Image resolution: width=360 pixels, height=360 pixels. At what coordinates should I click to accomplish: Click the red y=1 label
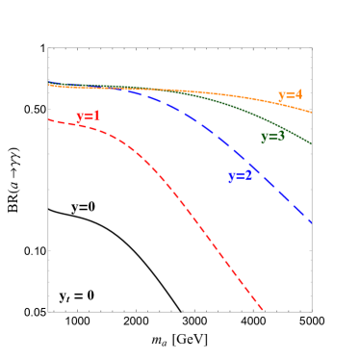point(89,116)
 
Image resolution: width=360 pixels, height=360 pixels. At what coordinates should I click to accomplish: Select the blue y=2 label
point(240,176)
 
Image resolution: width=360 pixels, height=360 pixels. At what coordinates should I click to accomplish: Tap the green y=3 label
point(272,137)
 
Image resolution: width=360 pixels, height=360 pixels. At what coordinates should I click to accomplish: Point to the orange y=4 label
point(290,95)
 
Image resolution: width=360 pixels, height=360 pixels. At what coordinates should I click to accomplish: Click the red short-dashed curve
point(173,192)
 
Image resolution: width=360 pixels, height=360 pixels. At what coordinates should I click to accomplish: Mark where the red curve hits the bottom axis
point(263,311)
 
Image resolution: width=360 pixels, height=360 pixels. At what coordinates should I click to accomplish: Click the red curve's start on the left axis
point(49,119)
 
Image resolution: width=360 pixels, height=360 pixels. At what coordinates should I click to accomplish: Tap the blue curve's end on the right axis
point(311,222)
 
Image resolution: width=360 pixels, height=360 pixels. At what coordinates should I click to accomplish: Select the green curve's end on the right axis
point(311,144)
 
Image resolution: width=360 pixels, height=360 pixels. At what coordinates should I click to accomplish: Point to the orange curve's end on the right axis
point(311,112)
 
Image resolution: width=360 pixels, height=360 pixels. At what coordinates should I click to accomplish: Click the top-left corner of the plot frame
point(48,47)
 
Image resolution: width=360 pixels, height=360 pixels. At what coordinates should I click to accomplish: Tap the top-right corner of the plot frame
point(312,47)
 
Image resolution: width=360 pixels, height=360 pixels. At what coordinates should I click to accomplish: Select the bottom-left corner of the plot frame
point(48,311)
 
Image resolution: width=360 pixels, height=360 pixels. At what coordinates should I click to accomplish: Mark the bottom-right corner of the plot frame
point(312,311)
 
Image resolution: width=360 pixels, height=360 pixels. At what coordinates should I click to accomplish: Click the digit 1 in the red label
point(97,116)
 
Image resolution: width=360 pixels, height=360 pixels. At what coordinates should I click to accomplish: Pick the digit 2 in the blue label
point(248,176)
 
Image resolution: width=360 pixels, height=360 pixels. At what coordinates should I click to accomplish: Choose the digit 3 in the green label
point(281,137)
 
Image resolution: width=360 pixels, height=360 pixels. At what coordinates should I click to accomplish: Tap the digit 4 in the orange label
point(298,95)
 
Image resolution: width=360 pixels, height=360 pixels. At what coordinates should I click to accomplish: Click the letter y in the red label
point(80,117)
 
